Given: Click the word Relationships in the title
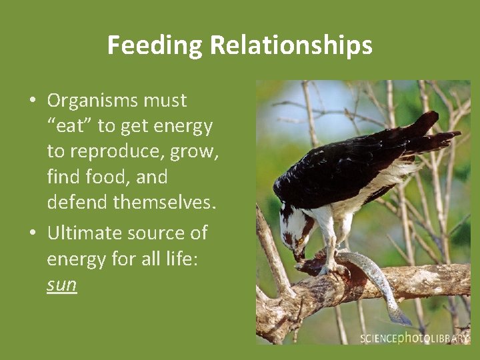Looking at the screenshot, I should point(291,45).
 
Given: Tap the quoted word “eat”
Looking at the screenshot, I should point(70,127).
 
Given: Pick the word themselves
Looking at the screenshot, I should point(165,203).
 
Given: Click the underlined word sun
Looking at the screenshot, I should point(62,285).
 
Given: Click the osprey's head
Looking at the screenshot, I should point(295,230).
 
